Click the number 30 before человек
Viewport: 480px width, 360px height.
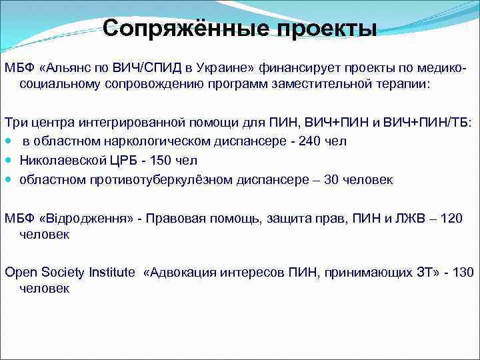(x=331, y=180)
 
